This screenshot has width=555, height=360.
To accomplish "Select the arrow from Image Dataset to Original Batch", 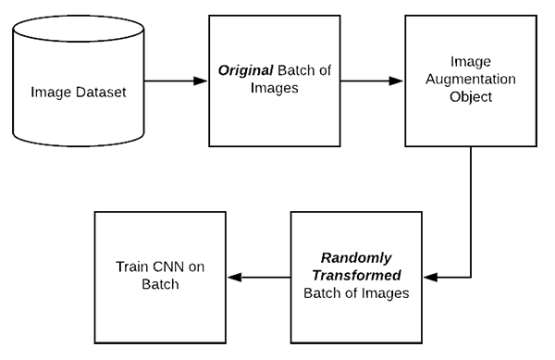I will (x=175, y=81).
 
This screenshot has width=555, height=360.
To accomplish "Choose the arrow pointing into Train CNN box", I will (x=259, y=277).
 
